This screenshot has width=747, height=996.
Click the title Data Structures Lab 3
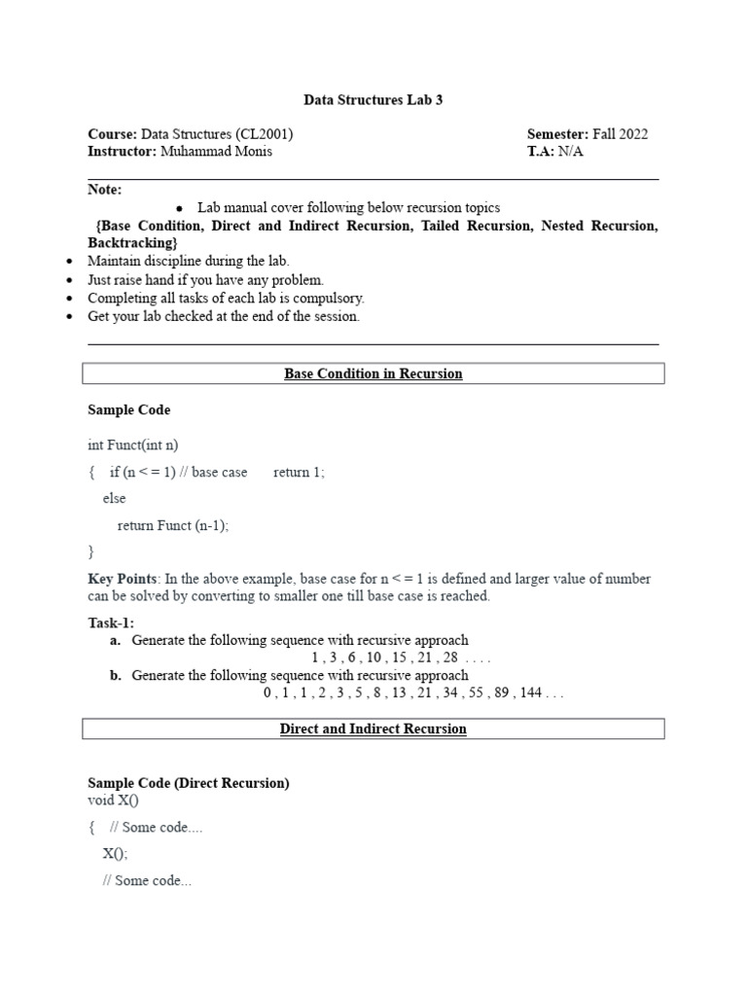coord(373,99)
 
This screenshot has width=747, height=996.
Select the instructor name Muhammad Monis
coord(216,152)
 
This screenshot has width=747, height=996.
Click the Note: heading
coord(105,190)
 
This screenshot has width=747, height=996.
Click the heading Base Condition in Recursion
coord(373,373)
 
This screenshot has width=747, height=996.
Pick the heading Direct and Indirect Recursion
coord(373,729)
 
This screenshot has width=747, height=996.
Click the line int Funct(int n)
coord(133,445)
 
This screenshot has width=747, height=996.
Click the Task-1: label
coord(111,622)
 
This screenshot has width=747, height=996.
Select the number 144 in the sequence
coord(531,694)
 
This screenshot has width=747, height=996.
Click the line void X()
coord(113,800)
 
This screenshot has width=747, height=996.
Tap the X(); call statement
coord(115,854)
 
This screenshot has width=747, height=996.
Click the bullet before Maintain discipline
coord(68,262)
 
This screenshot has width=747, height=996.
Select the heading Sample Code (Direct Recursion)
coord(189,783)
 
